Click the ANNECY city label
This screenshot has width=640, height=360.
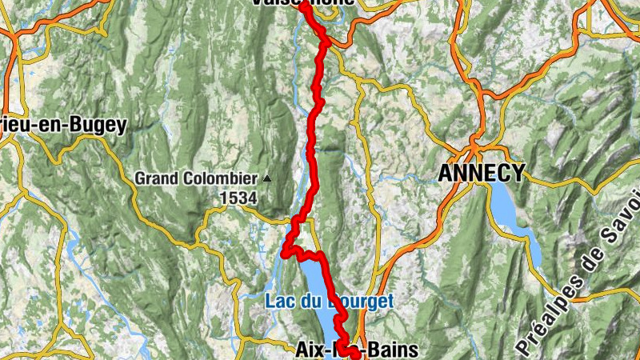(x=482, y=172)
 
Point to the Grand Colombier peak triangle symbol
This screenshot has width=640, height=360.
(x=266, y=178)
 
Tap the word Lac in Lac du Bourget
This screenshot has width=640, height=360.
(x=278, y=302)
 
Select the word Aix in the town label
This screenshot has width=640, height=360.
(x=311, y=350)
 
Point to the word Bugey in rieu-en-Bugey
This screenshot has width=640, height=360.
(x=101, y=125)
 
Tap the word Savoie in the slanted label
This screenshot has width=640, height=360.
(x=623, y=219)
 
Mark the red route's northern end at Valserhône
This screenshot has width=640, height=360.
(x=303, y=6)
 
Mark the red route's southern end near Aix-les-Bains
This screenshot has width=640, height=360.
(x=355, y=354)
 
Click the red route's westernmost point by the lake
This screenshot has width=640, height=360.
(x=284, y=254)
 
